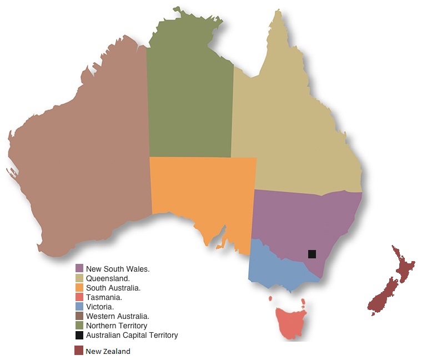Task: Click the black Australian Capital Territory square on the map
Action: coord(312,254)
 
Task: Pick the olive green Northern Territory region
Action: coord(189,94)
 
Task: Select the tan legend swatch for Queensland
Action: coord(79,278)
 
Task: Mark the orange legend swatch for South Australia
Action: coord(79,288)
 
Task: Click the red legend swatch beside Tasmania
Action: coord(79,297)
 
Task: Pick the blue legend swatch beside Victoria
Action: coord(79,307)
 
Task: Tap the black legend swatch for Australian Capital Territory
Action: coord(79,335)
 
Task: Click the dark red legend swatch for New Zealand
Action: coord(79,351)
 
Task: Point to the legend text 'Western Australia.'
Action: coord(118,316)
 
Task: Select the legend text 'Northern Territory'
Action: coord(117,326)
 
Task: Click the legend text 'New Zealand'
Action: coord(108,351)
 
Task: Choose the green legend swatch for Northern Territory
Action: coord(79,326)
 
